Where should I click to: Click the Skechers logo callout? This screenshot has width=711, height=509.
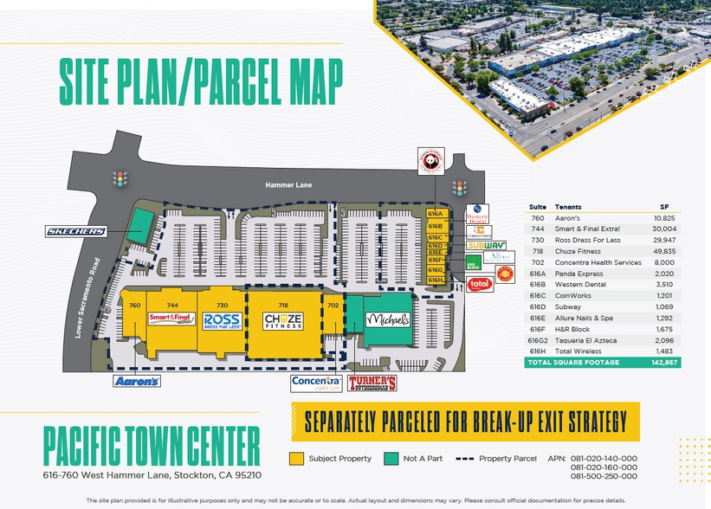click(x=77, y=231)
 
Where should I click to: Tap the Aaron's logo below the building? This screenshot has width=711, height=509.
click(x=137, y=381)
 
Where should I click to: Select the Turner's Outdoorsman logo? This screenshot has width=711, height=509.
click(x=372, y=383)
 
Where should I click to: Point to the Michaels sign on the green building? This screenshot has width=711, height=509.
click(x=386, y=319)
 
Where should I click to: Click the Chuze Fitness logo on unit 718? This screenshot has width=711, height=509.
click(x=283, y=321)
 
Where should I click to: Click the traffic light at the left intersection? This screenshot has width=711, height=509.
click(x=120, y=179)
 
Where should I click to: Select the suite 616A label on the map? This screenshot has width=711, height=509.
click(x=435, y=213)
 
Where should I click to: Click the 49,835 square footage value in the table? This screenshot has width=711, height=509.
click(x=664, y=251)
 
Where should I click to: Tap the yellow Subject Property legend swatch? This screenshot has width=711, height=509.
click(x=296, y=458)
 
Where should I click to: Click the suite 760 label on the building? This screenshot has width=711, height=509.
click(x=134, y=305)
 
